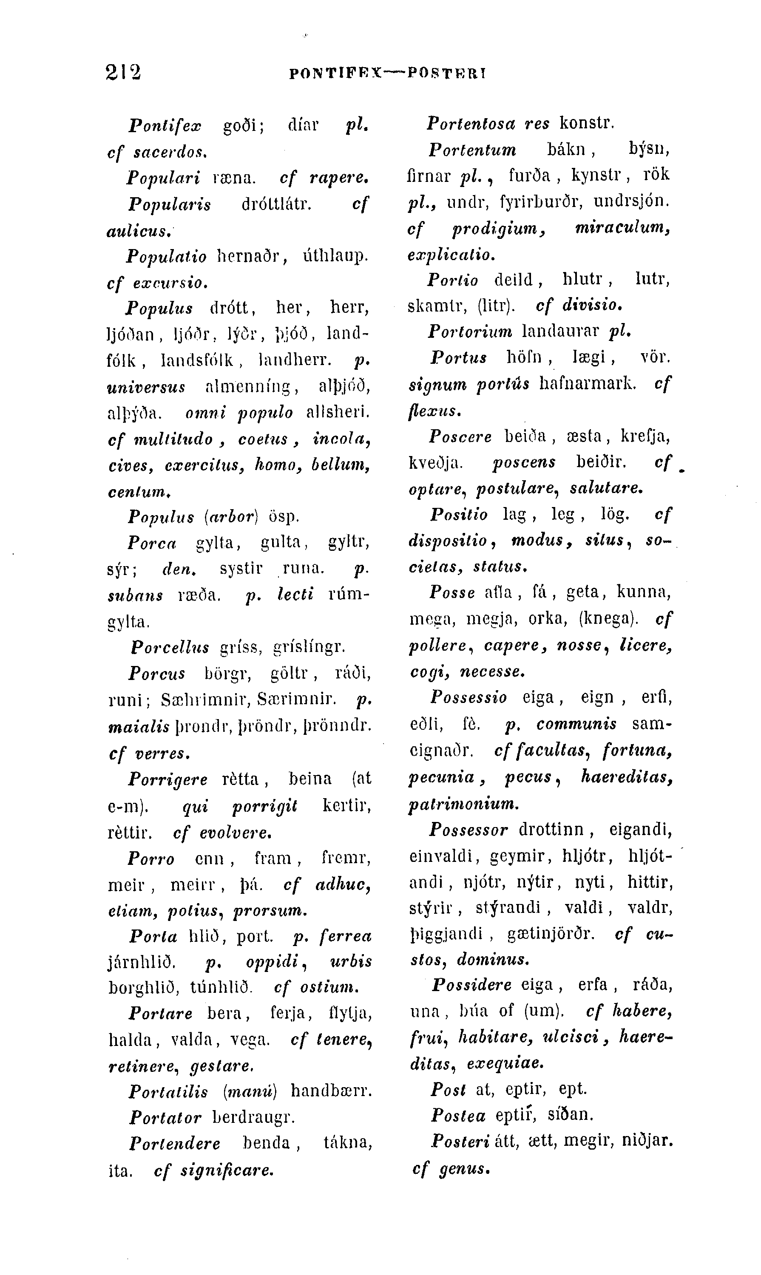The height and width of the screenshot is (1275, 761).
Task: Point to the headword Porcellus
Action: pos(170,648)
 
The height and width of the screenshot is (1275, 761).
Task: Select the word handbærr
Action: pos(331,1091)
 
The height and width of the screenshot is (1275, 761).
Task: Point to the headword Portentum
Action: pos(472,150)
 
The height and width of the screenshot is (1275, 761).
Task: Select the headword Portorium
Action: pos(470,331)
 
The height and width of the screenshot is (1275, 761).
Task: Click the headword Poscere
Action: pos(460,437)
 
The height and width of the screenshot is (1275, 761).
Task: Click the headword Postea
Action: pos(458,1116)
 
